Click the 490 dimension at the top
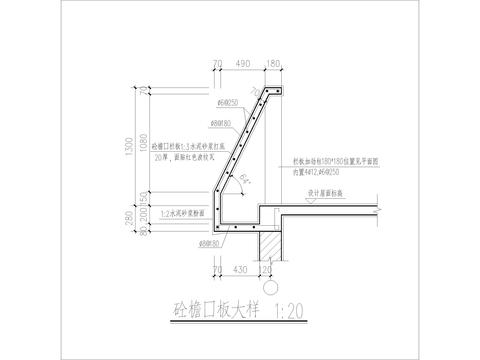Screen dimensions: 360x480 [x=241, y=64]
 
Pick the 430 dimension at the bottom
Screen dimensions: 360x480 [x=238, y=271]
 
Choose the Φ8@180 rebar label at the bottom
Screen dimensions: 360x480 [x=209, y=242]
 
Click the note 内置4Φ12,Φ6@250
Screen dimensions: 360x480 [x=319, y=171]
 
